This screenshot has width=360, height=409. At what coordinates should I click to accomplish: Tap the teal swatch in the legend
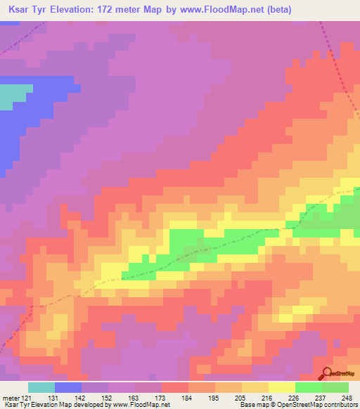pos(41,387)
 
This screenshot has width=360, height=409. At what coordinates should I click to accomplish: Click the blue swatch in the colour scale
pos(68,387)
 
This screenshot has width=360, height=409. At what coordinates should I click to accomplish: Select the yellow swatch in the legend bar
pos(282,387)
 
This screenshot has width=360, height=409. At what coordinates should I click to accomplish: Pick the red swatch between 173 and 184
pos(175,387)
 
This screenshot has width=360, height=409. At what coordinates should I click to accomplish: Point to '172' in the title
pos(117,11)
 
